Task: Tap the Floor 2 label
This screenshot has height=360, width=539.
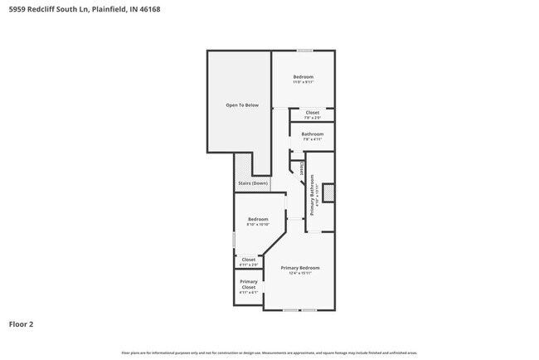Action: (x=22, y=324)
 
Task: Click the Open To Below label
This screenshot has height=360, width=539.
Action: (x=242, y=105)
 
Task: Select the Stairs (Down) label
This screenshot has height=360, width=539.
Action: (x=253, y=182)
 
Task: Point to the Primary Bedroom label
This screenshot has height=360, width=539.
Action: (x=300, y=267)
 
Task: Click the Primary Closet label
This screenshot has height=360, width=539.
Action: (x=249, y=285)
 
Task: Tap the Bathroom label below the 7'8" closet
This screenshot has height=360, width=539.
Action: (x=312, y=134)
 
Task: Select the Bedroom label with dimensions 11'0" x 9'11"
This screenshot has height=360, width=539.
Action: (x=303, y=77)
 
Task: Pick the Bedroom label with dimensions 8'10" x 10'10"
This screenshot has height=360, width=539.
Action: (x=258, y=219)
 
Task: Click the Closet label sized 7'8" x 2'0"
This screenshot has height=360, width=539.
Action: (x=312, y=112)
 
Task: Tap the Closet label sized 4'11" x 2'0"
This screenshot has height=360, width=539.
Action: (x=249, y=260)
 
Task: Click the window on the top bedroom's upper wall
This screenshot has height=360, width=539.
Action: (x=305, y=51)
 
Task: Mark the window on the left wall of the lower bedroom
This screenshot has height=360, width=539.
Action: (x=234, y=239)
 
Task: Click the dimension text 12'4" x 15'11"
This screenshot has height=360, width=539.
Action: (x=300, y=273)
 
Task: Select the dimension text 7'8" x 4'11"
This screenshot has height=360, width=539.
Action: (x=312, y=139)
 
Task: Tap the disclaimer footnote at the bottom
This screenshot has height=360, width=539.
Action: (x=269, y=353)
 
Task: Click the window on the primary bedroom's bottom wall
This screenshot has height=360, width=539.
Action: (x=299, y=310)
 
